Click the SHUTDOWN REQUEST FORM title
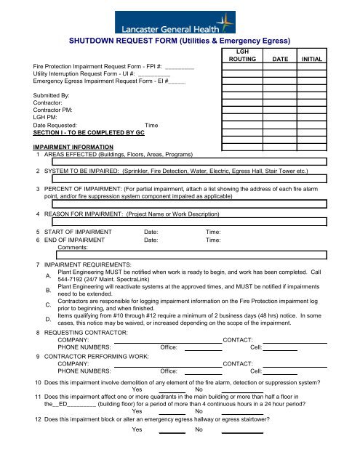[x=180, y=41]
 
